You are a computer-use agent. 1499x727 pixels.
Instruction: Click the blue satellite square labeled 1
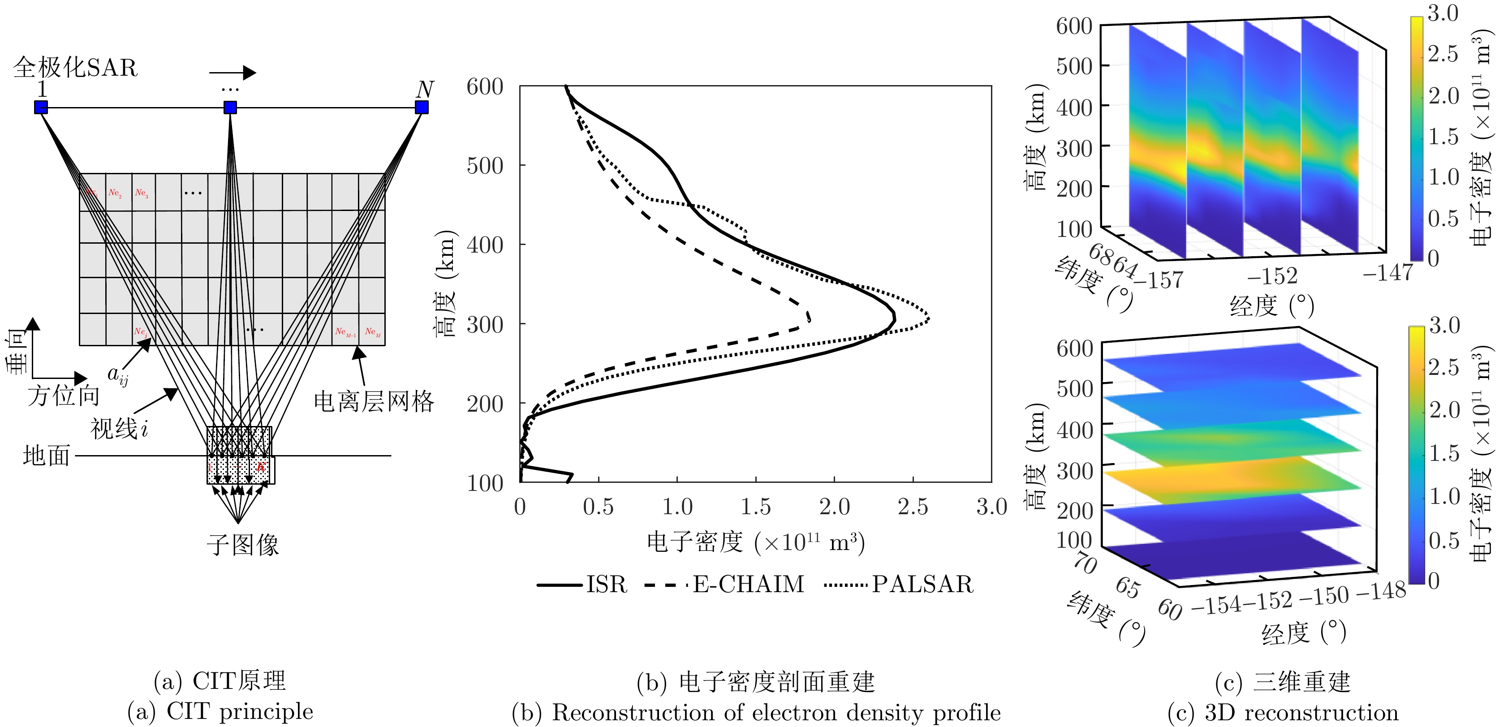[41, 107]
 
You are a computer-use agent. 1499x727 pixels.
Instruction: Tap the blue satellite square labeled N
[421, 107]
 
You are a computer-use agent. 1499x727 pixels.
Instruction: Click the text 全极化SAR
[75, 68]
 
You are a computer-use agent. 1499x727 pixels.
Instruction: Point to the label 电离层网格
[374, 401]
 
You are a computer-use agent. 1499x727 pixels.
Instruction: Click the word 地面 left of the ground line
[47, 456]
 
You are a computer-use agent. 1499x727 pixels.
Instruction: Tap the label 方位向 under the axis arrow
[64, 396]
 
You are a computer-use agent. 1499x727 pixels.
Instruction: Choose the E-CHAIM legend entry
[748, 584]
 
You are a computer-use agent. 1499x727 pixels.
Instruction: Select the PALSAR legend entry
[922, 584]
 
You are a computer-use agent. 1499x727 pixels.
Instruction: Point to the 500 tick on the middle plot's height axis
[485, 166]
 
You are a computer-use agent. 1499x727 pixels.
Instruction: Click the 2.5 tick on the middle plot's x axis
[913, 507]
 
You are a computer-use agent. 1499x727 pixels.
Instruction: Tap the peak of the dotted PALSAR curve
[928, 319]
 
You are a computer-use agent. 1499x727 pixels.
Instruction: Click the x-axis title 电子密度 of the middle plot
[695, 542]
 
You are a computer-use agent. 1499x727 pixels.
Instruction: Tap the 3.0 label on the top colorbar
[1443, 13]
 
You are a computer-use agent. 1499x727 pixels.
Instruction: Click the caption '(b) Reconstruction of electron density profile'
[756, 713]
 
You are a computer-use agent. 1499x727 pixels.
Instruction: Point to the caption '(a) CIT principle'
[220, 711]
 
